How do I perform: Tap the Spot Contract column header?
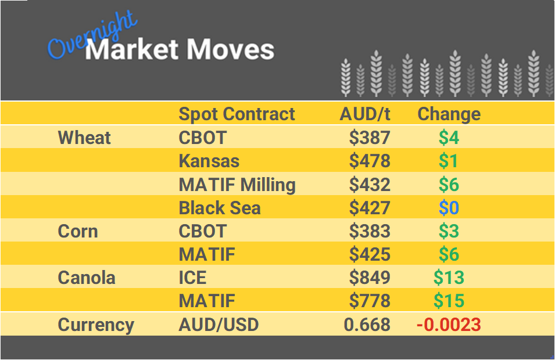pyautogui.click(x=237, y=114)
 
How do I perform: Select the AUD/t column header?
pyautogui.click(x=364, y=114)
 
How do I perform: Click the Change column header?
pyautogui.click(x=449, y=114)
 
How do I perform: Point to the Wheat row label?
pyautogui.click(x=84, y=138)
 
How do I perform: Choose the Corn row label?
pyautogui.click(x=78, y=231)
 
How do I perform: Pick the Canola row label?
pyautogui.click(x=87, y=278)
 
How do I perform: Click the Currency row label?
pyautogui.click(x=96, y=325)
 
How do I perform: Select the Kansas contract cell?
pyautogui.click(x=209, y=161)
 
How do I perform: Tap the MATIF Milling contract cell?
pyautogui.click(x=237, y=185)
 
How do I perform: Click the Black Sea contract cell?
pyautogui.click(x=220, y=208)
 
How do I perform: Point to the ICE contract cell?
pyautogui.click(x=192, y=278)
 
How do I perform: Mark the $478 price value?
pyautogui.click(x=370, y=161)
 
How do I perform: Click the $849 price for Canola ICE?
pyautogui.click(x=370, y=278)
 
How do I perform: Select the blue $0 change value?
pyautogui.click(x=449, y=208)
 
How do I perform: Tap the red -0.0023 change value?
pyautogui.click(x=449, y=325)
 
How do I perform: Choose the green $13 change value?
pyautogui.click(x=449, y=278)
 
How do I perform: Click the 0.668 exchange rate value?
pyautogui.click(x=367, y=325)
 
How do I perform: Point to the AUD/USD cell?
pyautogui.click(x=218, y=325)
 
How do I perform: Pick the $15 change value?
pyautogui.click(x=449, y=301)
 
